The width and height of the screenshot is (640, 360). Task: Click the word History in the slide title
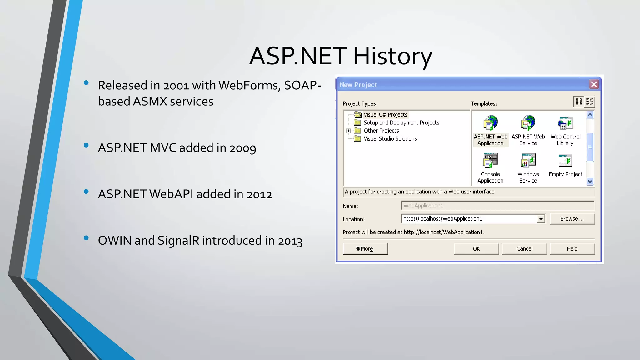tap(392, 56)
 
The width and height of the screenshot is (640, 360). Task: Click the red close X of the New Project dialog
tap(594, 84)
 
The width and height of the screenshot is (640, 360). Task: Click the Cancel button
tap(524, 249)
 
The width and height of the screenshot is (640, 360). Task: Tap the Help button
tap(572, 249)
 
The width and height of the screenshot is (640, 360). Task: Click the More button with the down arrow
tap(365, 249)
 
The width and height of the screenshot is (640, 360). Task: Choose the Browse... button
tap(572, 219)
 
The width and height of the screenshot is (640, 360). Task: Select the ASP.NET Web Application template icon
tap(490, 123)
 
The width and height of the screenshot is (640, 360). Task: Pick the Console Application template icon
tap(490, 160)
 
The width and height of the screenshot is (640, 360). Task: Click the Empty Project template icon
tap(565, 161)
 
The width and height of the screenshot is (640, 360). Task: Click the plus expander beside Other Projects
tap(348, 131)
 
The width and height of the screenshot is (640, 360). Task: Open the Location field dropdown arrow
tap(541, 219)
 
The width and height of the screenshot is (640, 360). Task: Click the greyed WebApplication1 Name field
tap(497, 206)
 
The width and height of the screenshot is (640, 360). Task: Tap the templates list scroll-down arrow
tap(590, 181)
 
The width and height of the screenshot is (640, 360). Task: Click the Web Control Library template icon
tap(565, 123)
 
